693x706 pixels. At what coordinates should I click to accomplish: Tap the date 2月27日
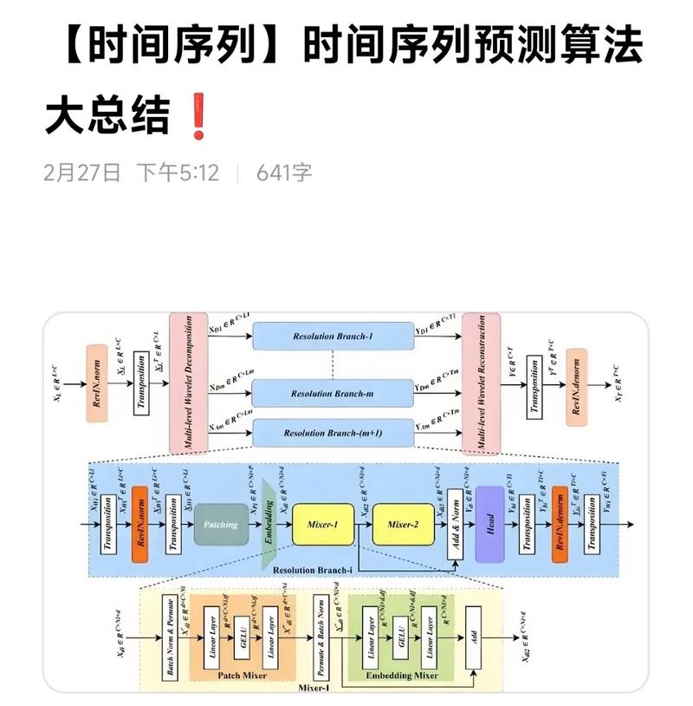tap(81, 172)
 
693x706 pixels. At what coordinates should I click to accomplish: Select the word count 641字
tap(284, 172)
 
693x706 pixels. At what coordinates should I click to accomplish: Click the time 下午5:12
tap(177, 172)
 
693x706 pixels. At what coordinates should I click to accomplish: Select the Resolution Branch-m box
tap(334, 393)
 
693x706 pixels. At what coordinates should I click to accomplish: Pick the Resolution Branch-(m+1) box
tap(334, 433)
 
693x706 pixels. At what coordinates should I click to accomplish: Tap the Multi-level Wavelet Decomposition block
tap(185, 382)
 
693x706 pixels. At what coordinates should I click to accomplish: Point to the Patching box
tap(221, 524)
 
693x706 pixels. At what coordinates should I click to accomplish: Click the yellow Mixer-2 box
tap(402, 524)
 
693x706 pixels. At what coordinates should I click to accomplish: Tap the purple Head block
tap(489, 523)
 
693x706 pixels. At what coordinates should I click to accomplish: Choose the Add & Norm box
tap(453, 523)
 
